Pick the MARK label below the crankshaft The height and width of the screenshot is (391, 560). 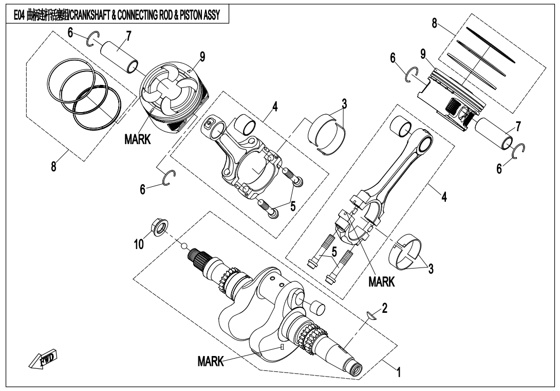(x=211, y=362)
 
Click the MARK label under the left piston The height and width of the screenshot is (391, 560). (x=137, y=139)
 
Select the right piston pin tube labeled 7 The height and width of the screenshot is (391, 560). (x=494, y=134)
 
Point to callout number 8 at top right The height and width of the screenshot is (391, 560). (x=435, y=24)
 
